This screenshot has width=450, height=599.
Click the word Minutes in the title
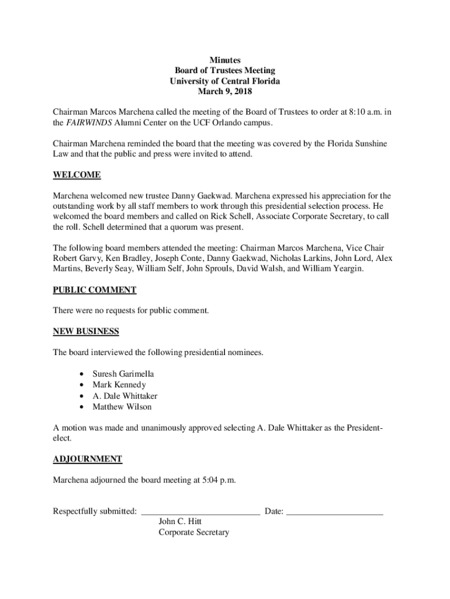pyautogui.click(x=225, y=60)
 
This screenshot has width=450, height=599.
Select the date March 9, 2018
pyautogui.click(x=225, y=92)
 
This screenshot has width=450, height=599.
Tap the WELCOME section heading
pyautogui.click(x=77, y=175)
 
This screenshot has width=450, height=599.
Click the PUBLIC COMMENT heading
pyautogui.click(x=95, y=290)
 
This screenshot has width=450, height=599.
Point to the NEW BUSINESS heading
pyautogui.click(x=86, y=332)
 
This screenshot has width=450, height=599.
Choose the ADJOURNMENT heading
pyautogui.click(x=88, y=459)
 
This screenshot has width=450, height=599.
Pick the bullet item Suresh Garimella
pyautogui.click(x=123, y=374)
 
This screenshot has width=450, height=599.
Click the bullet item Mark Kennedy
pyautogui.click(x=119, y=385)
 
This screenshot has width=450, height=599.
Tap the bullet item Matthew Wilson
pyautogui.click(x=122, y=407)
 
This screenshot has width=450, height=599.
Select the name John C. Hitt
pyautogui.click(x=181, y=522)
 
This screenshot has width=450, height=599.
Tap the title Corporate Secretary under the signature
pyautogui.click(x=193, y=532)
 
